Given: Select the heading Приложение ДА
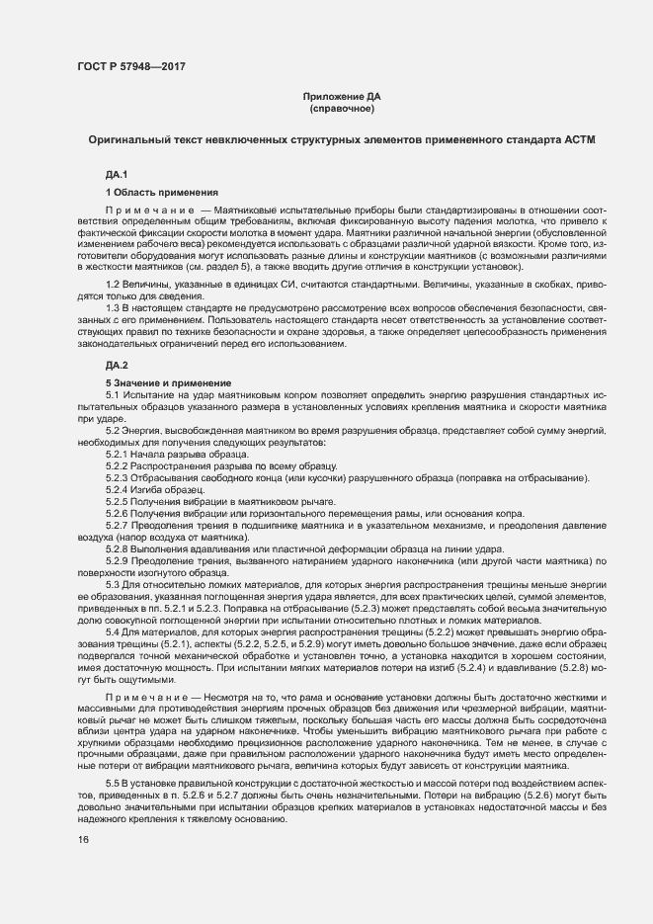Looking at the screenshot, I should (x=341, y=96).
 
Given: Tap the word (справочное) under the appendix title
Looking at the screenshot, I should (x=341, y=108).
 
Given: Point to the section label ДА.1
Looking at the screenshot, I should (x=117, y=175).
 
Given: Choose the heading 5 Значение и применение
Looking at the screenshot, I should (x=168, y=382).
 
